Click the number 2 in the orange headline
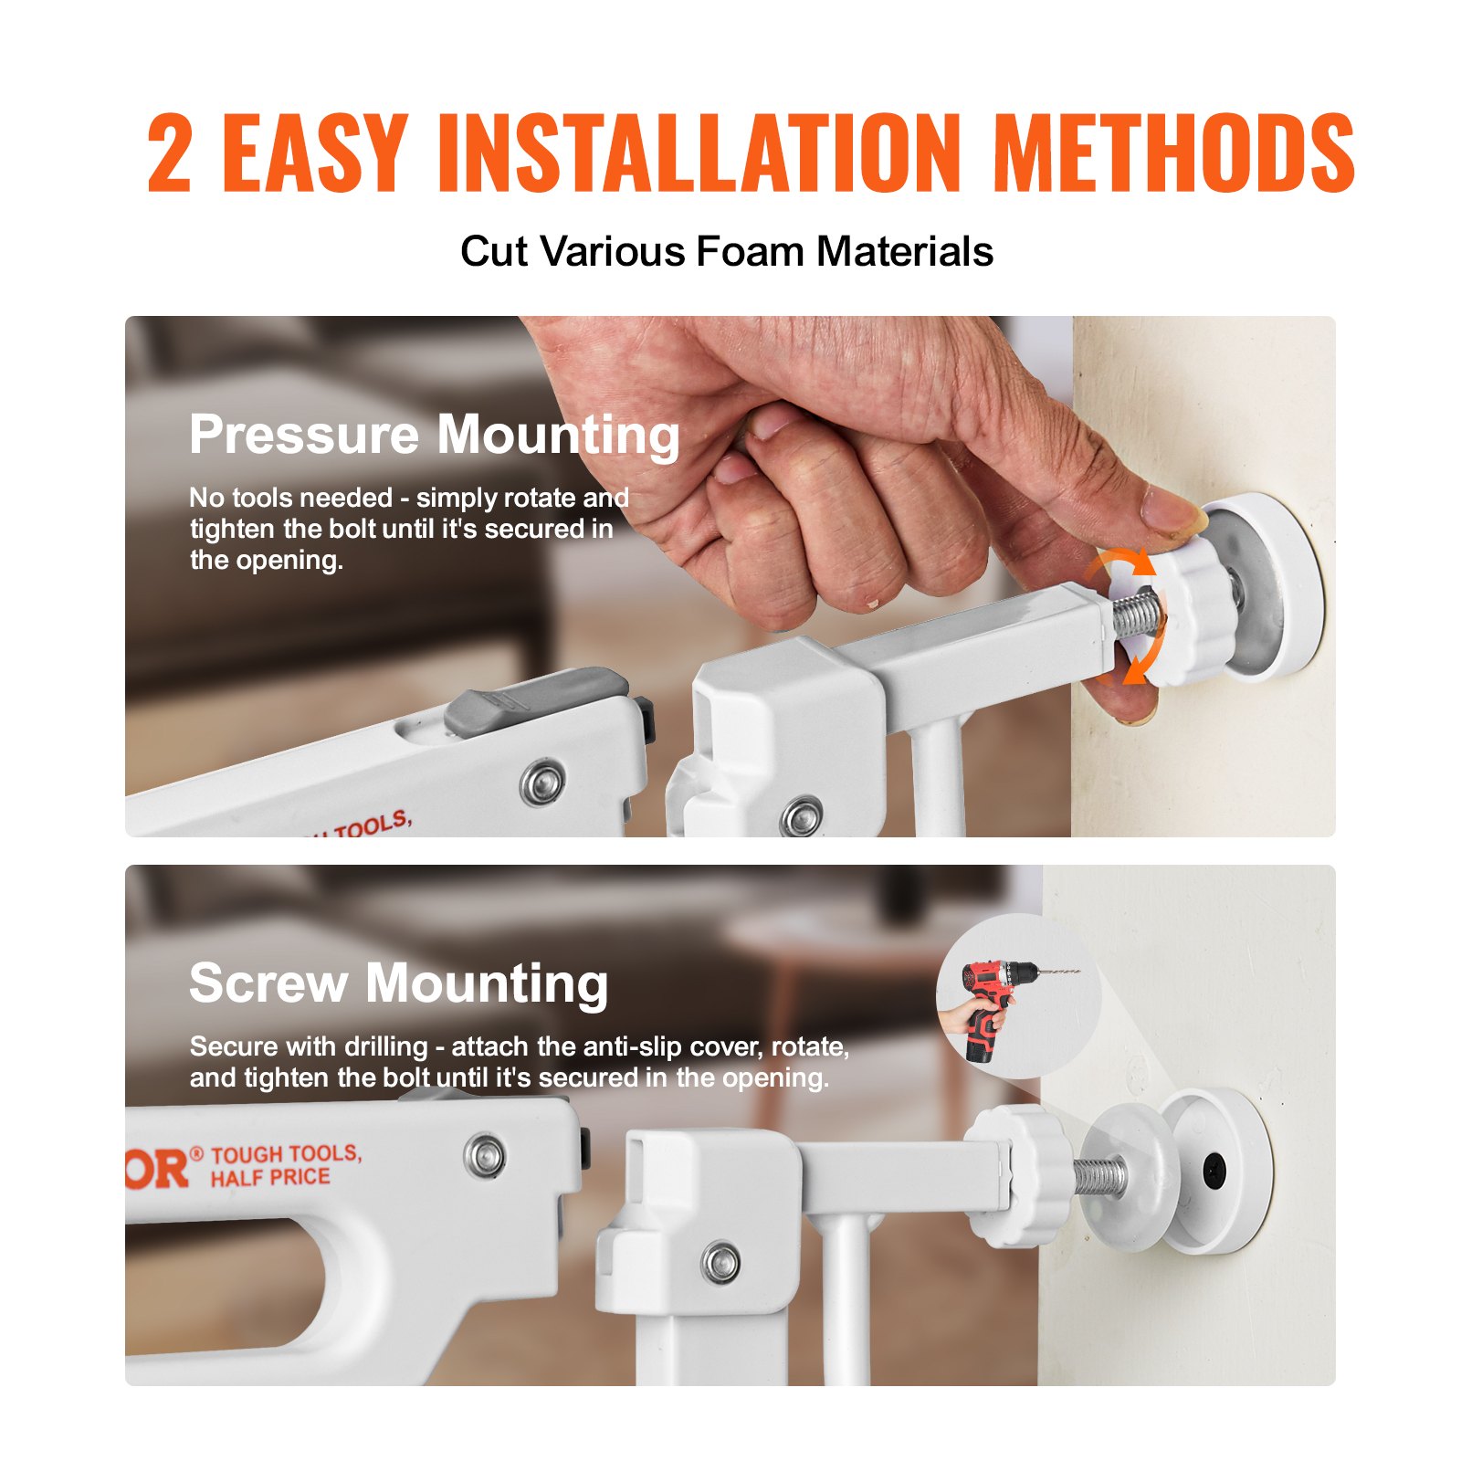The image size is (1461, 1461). pyautogui.click(x=170, y=153)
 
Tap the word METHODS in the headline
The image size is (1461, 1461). pyautogui.click(x=1173, y=153)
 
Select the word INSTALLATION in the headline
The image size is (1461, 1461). pyautogui.click(x=699, y=153)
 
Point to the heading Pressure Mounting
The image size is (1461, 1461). pyautogui.click(x=435, y=434)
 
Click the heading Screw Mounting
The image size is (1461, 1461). pyautogui.click(x=398, y=983)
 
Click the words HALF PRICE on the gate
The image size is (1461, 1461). pyautogui.click(x=270, y=1178)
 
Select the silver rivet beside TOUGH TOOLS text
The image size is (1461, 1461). pyautogui.click(x=484, y=1156)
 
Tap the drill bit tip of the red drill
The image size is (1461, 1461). pyautogui.click(x=1077, y=972)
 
